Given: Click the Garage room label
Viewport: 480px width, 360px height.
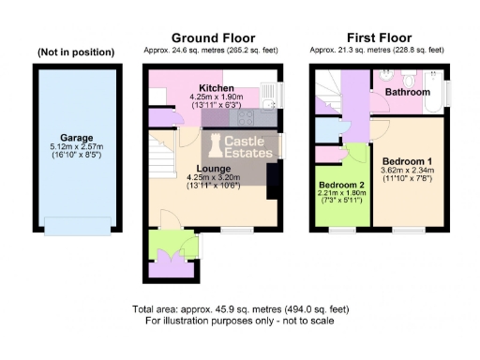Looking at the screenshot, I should point(76,137).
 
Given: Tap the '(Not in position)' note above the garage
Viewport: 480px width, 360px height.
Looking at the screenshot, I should point(76,52).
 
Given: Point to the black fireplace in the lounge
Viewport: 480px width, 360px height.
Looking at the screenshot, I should point(272,180).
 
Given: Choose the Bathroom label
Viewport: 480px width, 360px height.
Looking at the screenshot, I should point(410,93).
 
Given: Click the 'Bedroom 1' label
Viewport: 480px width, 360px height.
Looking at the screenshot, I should point(407,161).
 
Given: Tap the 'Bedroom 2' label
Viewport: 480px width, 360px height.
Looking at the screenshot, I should point(342,184).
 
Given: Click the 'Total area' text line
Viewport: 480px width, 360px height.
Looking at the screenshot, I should point(240,309).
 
